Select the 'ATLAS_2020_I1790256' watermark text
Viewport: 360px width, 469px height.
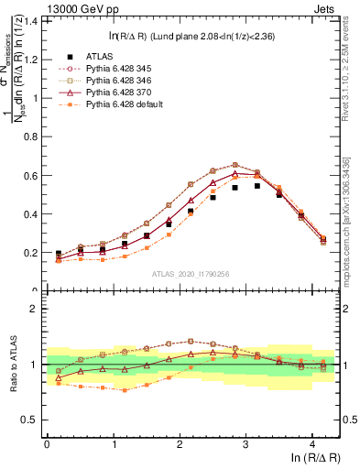(x=191, y=273)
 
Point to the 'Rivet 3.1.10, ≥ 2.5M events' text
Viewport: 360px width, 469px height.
(x=351, y=73)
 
